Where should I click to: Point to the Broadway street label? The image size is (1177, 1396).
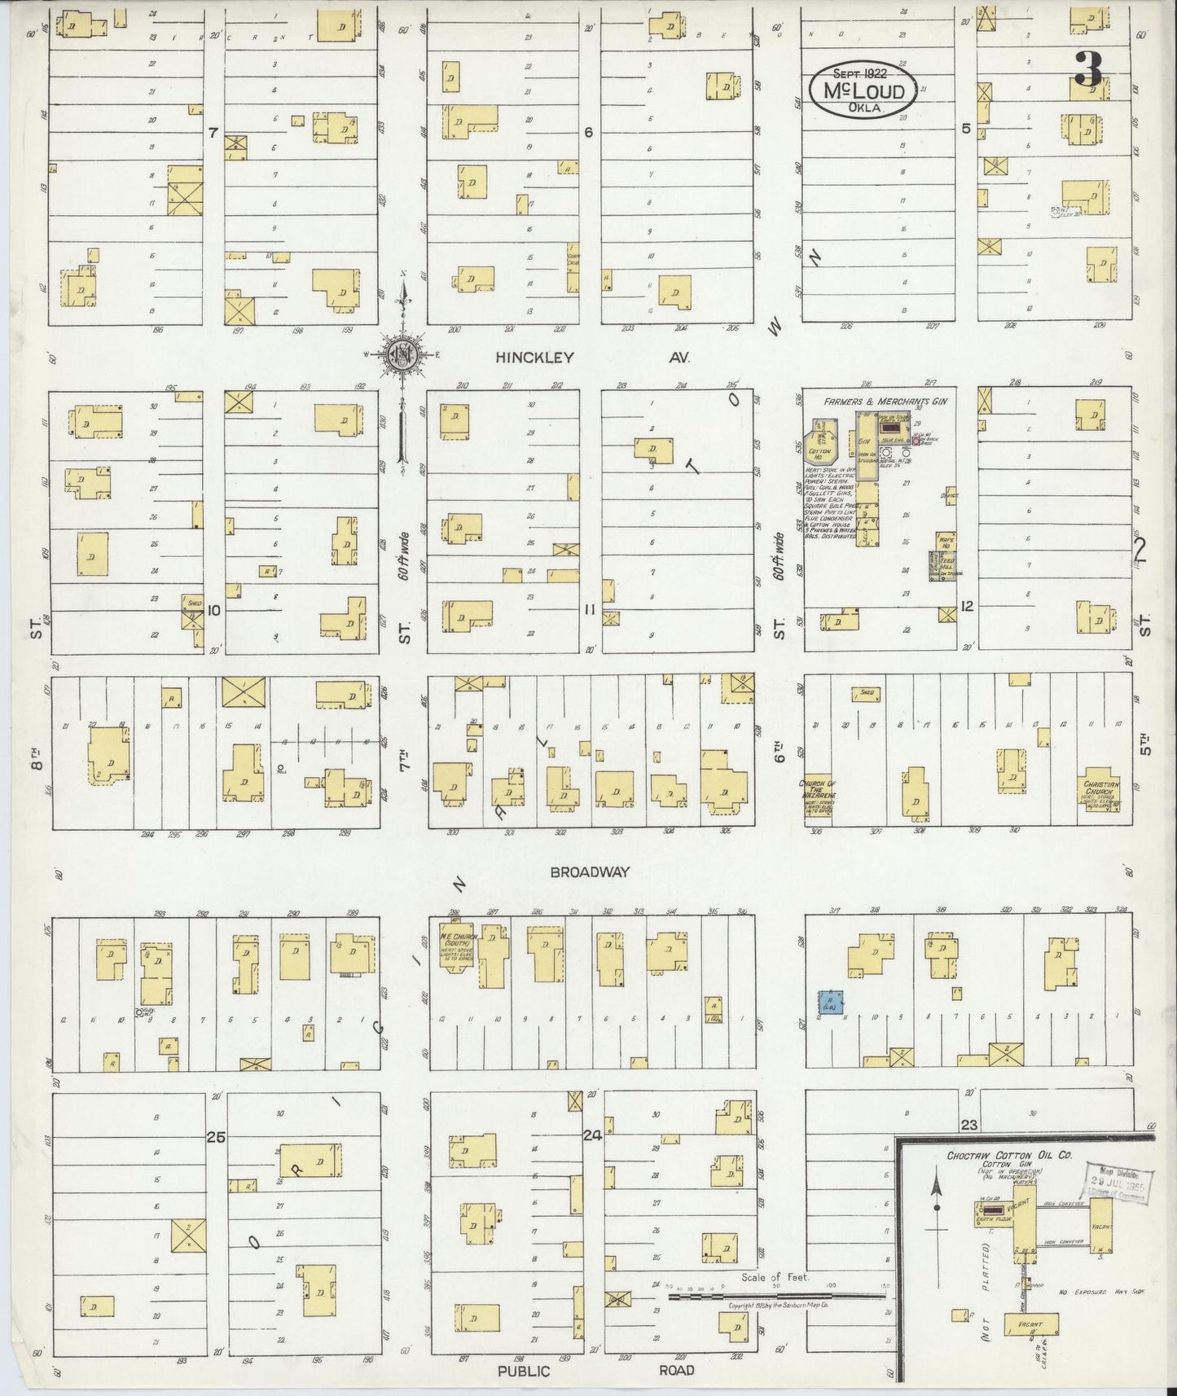tap(589, 871)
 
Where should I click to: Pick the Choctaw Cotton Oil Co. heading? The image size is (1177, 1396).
tap(1008, 1155)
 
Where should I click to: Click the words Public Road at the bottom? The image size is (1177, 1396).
tap(595, 1371)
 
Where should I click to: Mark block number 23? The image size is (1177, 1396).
tap(968, 1126)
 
